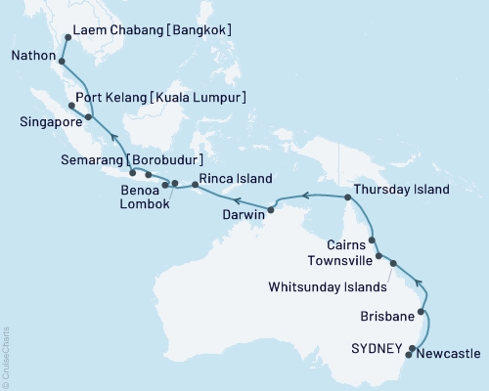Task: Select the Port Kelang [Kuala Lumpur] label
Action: tap(166, 98)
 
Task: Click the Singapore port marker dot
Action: tap(89, 117)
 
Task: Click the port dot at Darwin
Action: tap(271, 209)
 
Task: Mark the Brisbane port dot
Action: tap(422, 314)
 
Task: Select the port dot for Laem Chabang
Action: tap(67, 38)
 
